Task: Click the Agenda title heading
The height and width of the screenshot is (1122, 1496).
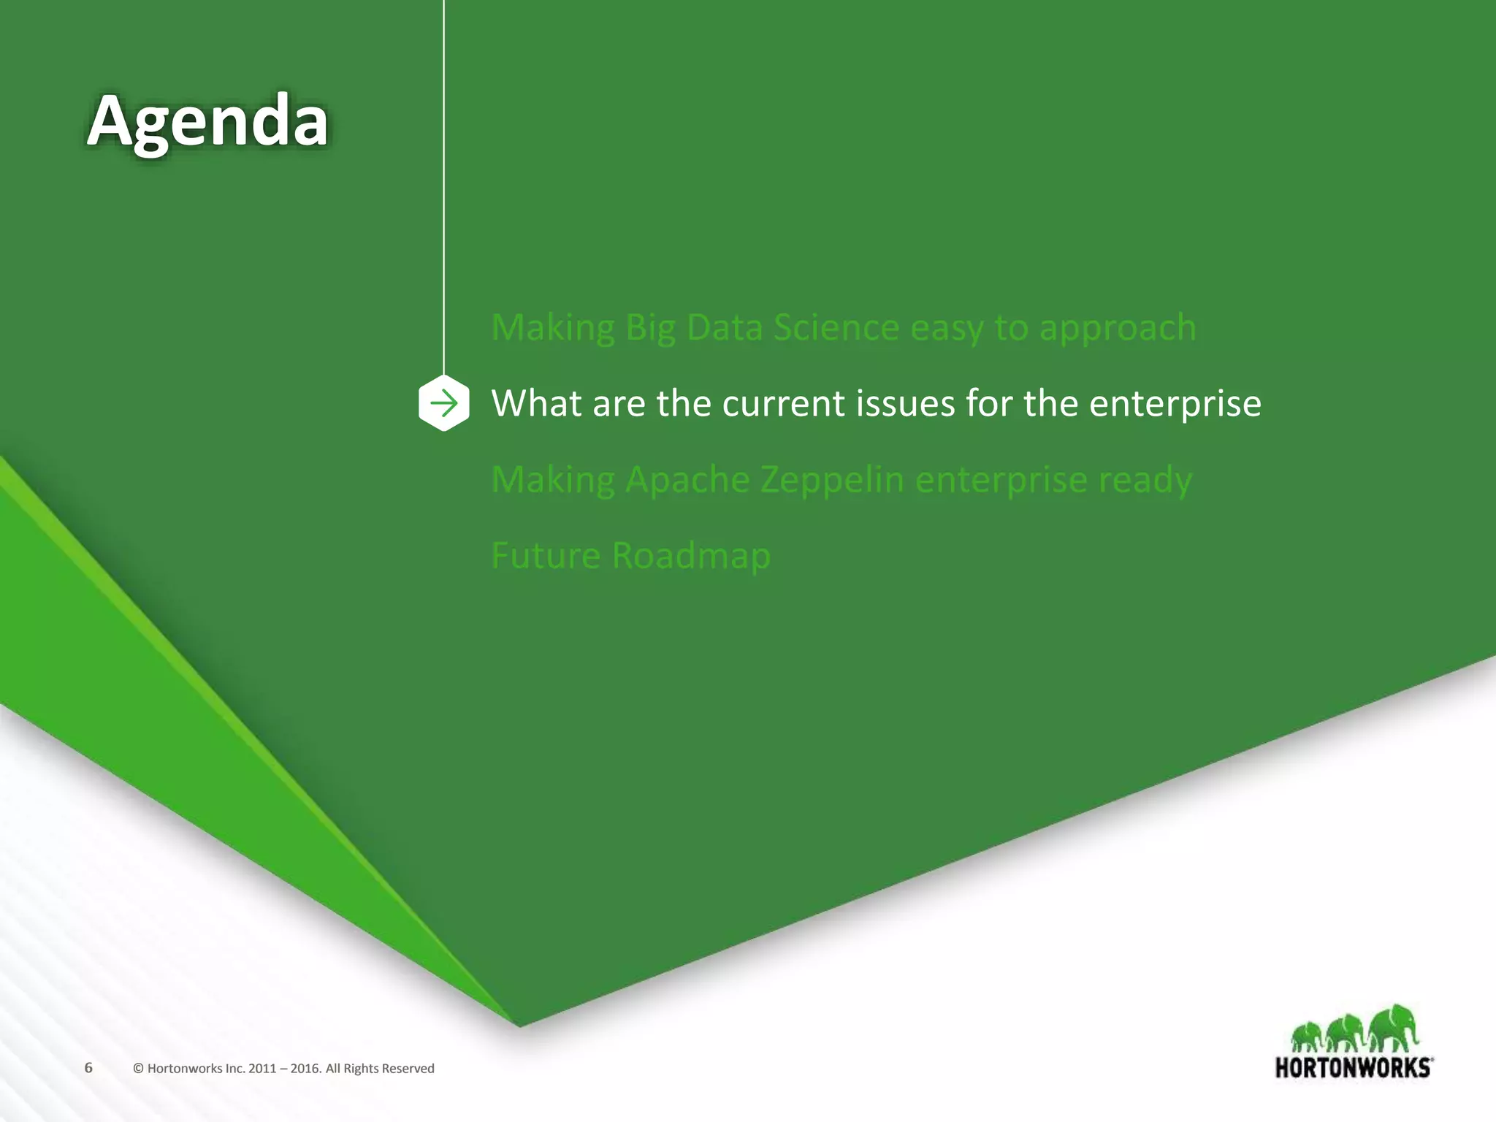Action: pyautogui.click(x=207, y=121)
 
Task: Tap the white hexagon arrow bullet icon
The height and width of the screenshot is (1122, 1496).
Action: pyautogui.click(x=444, y=403)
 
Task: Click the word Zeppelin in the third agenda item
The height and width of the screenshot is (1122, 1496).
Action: pyautogui.click(x=832, y=480)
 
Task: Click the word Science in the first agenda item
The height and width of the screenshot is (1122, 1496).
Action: pyautogui.click(x=836, y=327)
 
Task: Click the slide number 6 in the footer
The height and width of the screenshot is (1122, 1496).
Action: pyautogui.click(x=88, y=1067)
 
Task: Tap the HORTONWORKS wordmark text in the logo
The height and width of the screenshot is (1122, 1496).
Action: pyautogui.click(x=1353, y=1068)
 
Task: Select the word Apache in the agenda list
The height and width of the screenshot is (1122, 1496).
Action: pyautogui.click(x=688, y=480)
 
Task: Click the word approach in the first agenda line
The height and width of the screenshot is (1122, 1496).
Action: pyautogui.click(x=1118, y=329)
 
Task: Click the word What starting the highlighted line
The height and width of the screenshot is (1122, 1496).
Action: pyautogui.click(x=536, y=404)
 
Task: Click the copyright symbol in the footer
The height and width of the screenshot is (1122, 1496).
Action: pyautogui.click(x=138, y=1069)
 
